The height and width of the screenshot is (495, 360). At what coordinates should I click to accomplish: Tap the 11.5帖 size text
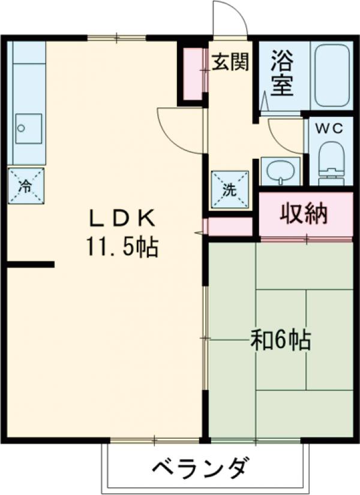tap(122, 246)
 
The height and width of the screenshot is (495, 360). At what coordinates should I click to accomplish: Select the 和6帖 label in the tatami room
tap(280, 340)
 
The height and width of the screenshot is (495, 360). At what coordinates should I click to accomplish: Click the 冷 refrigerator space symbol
tap(26, 185)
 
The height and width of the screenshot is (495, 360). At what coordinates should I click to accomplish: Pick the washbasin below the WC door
tap(280, 172)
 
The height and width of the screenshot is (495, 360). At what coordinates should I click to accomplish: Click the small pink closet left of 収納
tap(230, 226)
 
